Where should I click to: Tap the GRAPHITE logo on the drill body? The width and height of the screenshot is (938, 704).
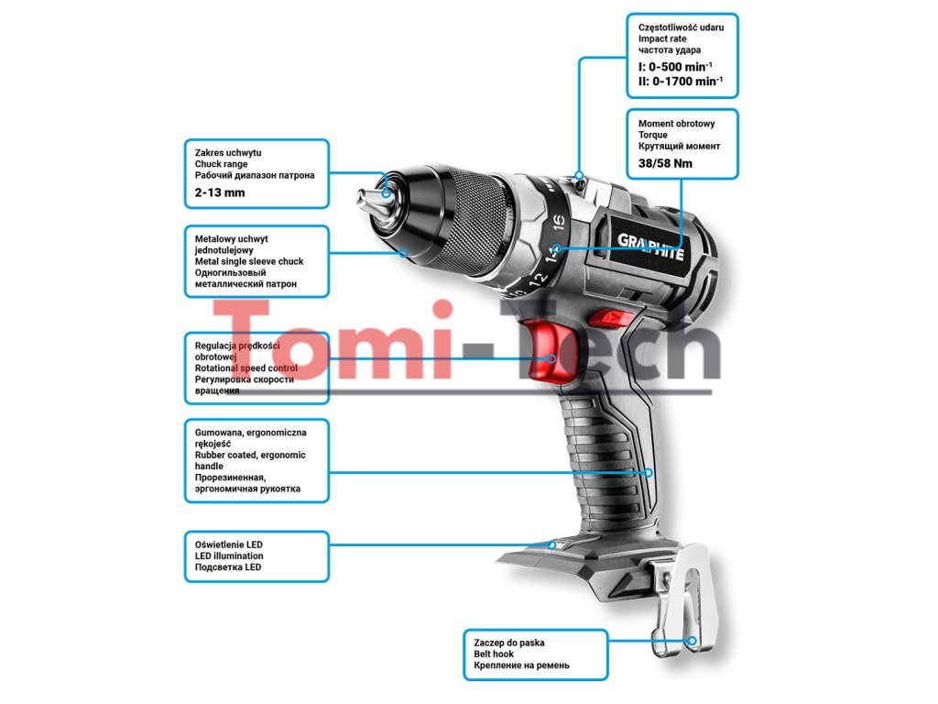[x=650, y=247]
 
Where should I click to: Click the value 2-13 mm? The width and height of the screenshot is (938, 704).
[x=220, y=193]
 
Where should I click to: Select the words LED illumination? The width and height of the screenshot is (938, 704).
[x=229, y=555]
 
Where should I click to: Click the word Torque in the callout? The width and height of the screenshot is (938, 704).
[x=653, y=135]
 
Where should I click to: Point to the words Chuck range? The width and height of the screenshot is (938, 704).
[x=222, y=164]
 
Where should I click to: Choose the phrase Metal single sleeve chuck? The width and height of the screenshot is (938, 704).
[x=249, y=261]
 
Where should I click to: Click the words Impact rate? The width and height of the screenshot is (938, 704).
[x=662, y=39]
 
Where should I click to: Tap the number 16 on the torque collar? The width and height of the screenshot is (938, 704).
[x=559, y=222]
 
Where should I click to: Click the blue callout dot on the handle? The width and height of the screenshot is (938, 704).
[x=649, y=473]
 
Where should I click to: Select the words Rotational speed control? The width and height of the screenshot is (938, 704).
[x=245, y=368]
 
